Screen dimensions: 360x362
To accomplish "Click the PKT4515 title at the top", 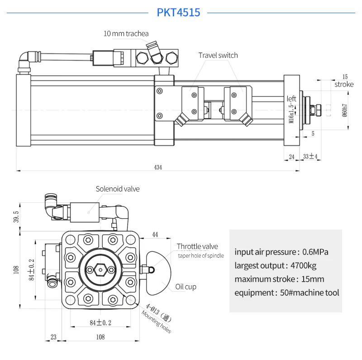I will (178, 12).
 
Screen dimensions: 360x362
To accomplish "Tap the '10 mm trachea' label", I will (126, 34).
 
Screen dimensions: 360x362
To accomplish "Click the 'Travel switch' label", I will (218, 55).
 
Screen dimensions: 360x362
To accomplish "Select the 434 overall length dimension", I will (157, 167).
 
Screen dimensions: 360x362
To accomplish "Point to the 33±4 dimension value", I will (310, 157).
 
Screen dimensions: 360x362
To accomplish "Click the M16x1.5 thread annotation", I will (292, 112).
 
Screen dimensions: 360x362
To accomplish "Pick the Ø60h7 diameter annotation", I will (344, 108).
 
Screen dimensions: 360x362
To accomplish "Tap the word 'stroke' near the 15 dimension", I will (344, 84).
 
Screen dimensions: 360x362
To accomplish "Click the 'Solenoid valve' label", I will (117, 189).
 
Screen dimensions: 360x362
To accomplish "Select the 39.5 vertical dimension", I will (16, 216).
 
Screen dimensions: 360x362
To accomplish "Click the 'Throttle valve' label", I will (197, 246).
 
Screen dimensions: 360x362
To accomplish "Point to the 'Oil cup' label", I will (186, 287).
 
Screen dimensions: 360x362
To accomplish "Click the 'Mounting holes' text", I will (157, 322).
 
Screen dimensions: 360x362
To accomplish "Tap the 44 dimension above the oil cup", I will (155, 235).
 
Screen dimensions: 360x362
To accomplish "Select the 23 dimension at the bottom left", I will (54, 336).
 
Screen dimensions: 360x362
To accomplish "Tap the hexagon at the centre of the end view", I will (100, 270).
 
